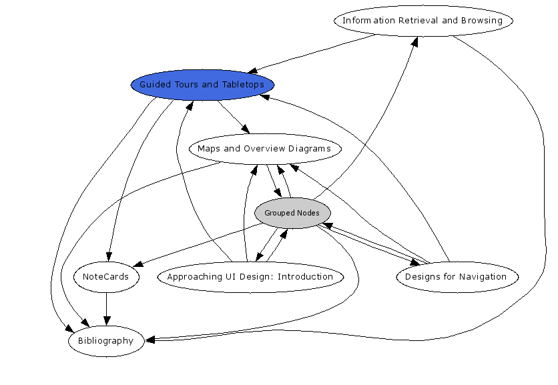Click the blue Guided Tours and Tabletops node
pos(202,85)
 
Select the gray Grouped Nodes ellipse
pos(292,214)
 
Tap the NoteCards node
pos(106,277)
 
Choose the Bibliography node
pos(106,341)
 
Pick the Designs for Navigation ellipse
pos(457,277)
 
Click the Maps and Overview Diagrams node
pos(264,149)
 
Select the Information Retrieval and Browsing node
pos(423,21)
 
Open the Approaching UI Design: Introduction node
pos(250,277)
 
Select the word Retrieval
pos(419,21)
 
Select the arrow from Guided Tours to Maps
pos(234,117)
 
